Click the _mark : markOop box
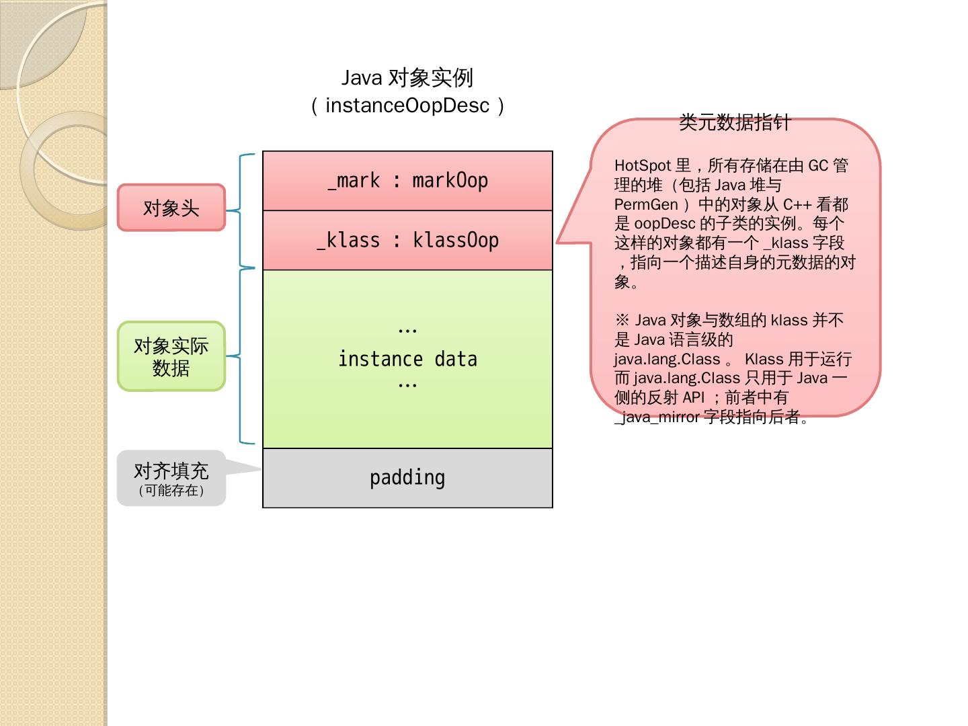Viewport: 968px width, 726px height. (407, 181)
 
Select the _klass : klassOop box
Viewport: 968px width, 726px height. (407, 240)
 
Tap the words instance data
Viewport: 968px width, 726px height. (407, 359)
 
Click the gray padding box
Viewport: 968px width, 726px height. (407, 478)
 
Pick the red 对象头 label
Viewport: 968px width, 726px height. (171, 208)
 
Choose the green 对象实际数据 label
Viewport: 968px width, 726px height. (171, 356)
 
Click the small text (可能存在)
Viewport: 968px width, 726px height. (171, 491)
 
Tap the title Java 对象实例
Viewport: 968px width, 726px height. (407, 78)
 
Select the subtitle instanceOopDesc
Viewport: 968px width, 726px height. (407, 106)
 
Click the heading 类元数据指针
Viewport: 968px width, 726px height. (735, 122)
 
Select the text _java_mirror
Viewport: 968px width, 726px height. (657, 417)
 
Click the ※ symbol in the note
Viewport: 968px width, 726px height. (622, 320)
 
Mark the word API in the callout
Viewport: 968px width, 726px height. (694, 397)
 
